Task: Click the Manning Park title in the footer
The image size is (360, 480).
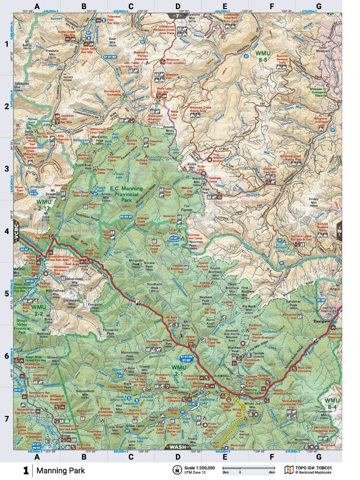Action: pyautogui.click(x=56, y=470)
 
